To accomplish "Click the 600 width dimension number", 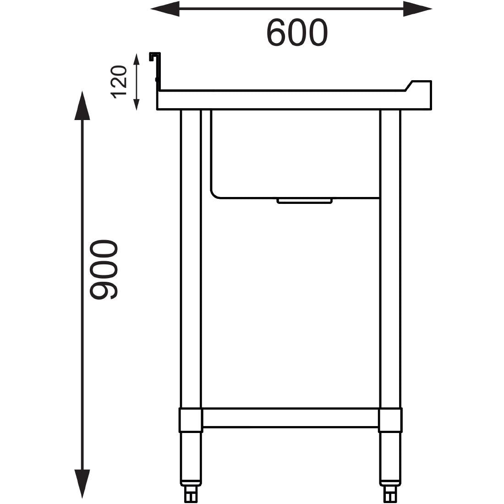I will click(x=297, y=33).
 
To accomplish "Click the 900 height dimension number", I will click(x=104, y=270).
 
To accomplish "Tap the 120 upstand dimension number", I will click(x=119, y=82).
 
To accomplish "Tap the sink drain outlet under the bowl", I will click(x=304, y=201).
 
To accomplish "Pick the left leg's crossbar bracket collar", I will click(x=191, y=420).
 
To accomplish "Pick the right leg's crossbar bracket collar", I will click(x=390, y=420).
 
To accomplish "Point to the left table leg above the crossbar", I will click(x=191, y=257).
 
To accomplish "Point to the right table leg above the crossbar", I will click(x=390, y=257).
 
